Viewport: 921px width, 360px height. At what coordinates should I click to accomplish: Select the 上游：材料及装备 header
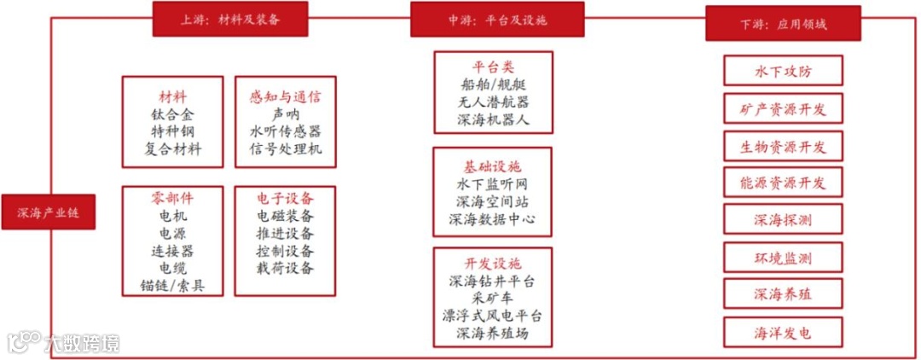point(229,19)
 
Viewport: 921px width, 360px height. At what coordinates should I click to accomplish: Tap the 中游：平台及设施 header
point(497,19)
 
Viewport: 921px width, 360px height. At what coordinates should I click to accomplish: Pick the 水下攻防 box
point(783,71)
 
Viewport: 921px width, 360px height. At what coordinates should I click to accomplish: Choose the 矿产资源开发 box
point(783,108)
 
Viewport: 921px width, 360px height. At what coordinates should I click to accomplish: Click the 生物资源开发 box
point(783,146)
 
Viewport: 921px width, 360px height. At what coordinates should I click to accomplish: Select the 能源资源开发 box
point(783,183)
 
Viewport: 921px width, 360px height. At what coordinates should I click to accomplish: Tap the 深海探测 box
point(783,220)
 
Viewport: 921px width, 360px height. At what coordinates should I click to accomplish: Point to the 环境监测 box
point(783,258)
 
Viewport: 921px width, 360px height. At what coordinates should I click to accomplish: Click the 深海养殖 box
point(783,294)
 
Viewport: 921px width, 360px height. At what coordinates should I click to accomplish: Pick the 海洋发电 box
point(783,332)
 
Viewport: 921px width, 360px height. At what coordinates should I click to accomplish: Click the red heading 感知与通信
point(286,96)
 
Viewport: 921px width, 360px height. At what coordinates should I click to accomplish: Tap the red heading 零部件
point(173,198)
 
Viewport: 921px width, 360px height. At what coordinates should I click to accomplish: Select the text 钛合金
point(173,114)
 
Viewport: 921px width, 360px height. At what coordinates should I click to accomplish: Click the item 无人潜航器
point(493,102)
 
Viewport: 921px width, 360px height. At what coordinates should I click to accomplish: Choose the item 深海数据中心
point(493,219)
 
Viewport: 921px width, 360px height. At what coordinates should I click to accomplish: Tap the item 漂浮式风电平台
point(493,316)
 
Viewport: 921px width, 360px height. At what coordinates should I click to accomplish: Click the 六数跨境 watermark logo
point(64,343)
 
